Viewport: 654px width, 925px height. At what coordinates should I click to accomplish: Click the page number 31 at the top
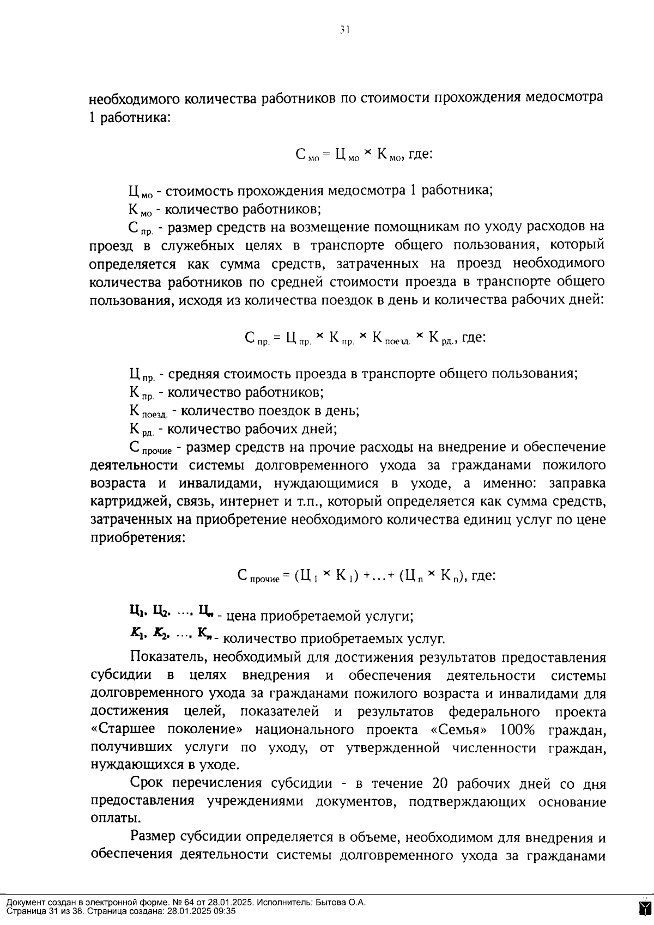pyautogui.click(x=343, y=31)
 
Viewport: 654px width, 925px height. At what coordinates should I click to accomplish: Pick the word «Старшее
pyautogui.click(x=123, y=729)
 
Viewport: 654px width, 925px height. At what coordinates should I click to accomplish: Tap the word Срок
pyautogui.click(x=147, y=784)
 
